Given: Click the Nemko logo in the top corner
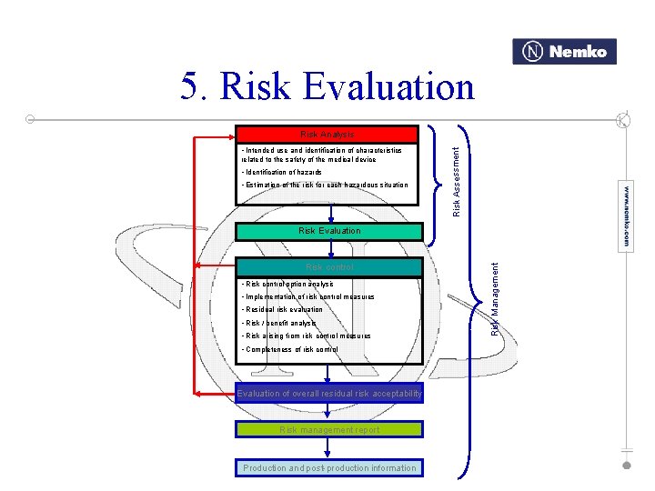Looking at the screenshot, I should (564, 52).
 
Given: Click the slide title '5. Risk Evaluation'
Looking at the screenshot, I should (327, 87).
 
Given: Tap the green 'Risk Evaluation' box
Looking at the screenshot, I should (329, 231).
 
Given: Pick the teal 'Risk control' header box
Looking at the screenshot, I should (329, 267).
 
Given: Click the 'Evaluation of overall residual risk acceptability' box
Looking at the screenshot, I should (329, 394).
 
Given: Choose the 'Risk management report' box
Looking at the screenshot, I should (329, 430).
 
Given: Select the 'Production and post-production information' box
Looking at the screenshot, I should (329, 468).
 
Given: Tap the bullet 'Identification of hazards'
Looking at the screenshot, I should (281, 172).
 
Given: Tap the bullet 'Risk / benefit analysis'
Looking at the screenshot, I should (278, 323).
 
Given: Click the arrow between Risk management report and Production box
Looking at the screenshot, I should (329, 449).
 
